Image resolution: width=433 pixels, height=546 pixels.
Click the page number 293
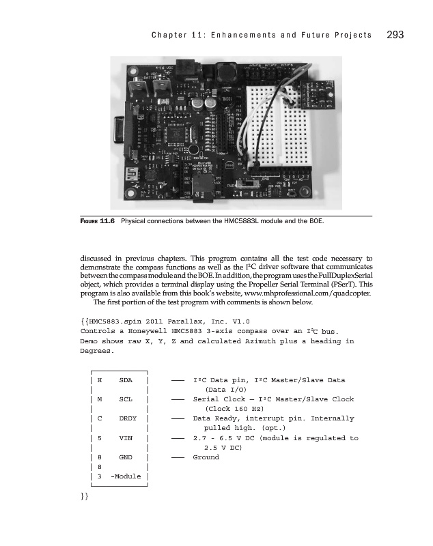pos(397,35)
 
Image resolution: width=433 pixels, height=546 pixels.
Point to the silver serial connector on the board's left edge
pos(117,131)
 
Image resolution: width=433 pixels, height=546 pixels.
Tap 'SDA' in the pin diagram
pos(126,379)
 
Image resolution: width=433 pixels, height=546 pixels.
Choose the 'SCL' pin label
pos(126,399)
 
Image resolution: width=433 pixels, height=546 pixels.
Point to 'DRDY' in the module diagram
pos(128,418)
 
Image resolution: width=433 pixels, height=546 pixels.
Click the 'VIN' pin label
pos(126,438)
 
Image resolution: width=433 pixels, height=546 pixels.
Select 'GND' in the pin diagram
pos(126,457)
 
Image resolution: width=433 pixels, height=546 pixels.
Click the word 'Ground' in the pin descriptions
pos(206,457)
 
